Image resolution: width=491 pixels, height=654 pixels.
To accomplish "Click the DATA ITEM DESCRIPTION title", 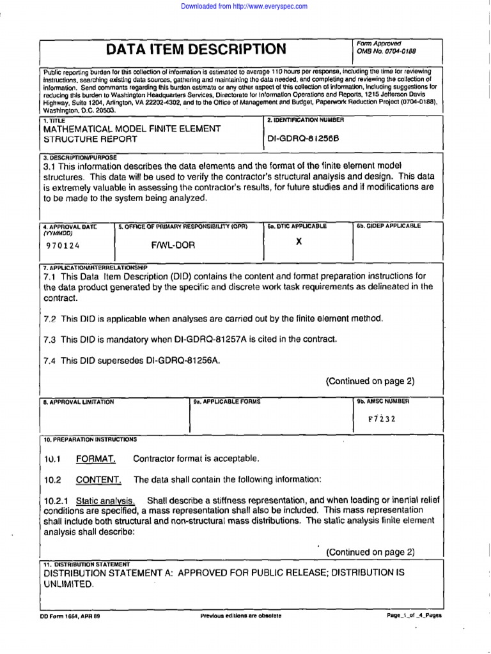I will click(x=196, y=49).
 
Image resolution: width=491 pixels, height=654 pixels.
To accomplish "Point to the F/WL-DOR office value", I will click(x=173, y=245).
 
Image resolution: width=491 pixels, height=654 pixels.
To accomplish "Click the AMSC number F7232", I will click(x=381, y=419).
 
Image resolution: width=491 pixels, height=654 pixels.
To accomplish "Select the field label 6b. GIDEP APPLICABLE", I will click(x=388, y=225).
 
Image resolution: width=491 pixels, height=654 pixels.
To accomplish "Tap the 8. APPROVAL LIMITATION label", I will click(x=79, y=402).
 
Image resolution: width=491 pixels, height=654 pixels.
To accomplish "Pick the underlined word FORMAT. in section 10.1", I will click(x=96, y=459).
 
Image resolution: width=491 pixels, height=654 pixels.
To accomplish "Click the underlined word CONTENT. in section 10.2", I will click(x=98, y=480).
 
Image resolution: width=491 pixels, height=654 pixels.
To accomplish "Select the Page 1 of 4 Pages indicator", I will click(x=414, y=616).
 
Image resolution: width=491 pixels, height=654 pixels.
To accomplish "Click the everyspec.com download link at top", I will click(x=245, y=6).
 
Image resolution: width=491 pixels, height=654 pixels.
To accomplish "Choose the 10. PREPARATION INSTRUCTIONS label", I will click(x=90, y=439).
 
